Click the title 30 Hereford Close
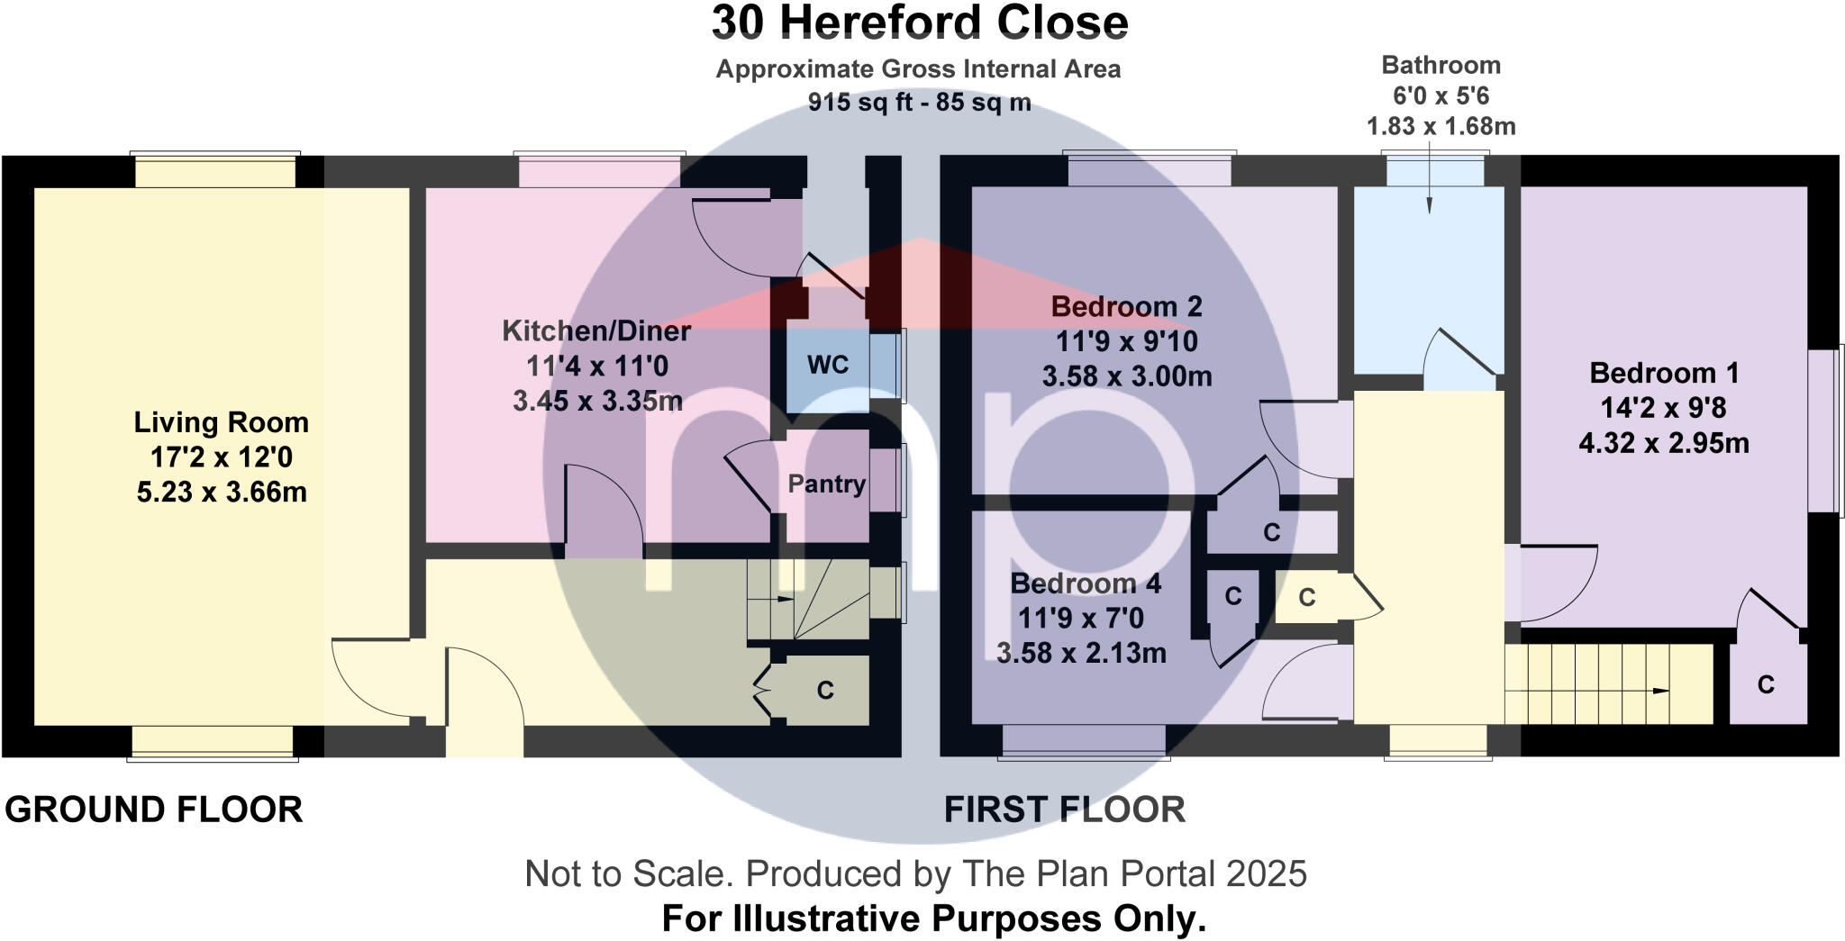point(919,23)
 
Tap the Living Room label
point(221,422)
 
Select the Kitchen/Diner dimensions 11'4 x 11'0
point(596,366)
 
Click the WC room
point(827,365)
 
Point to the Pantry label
point(826,484)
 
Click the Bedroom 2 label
point(1126,307)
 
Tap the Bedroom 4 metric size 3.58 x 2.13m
point(1081,653)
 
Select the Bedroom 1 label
point(1663,373)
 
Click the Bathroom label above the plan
point(1441,65)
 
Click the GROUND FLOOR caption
point(154,810)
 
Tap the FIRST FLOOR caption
point(1064,810)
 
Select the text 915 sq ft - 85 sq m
point(919,103)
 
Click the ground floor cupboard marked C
point(824,691)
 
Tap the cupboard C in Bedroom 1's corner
point(1765,685)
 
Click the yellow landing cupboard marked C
point(1306,597)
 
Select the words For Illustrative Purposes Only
point(933,919)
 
